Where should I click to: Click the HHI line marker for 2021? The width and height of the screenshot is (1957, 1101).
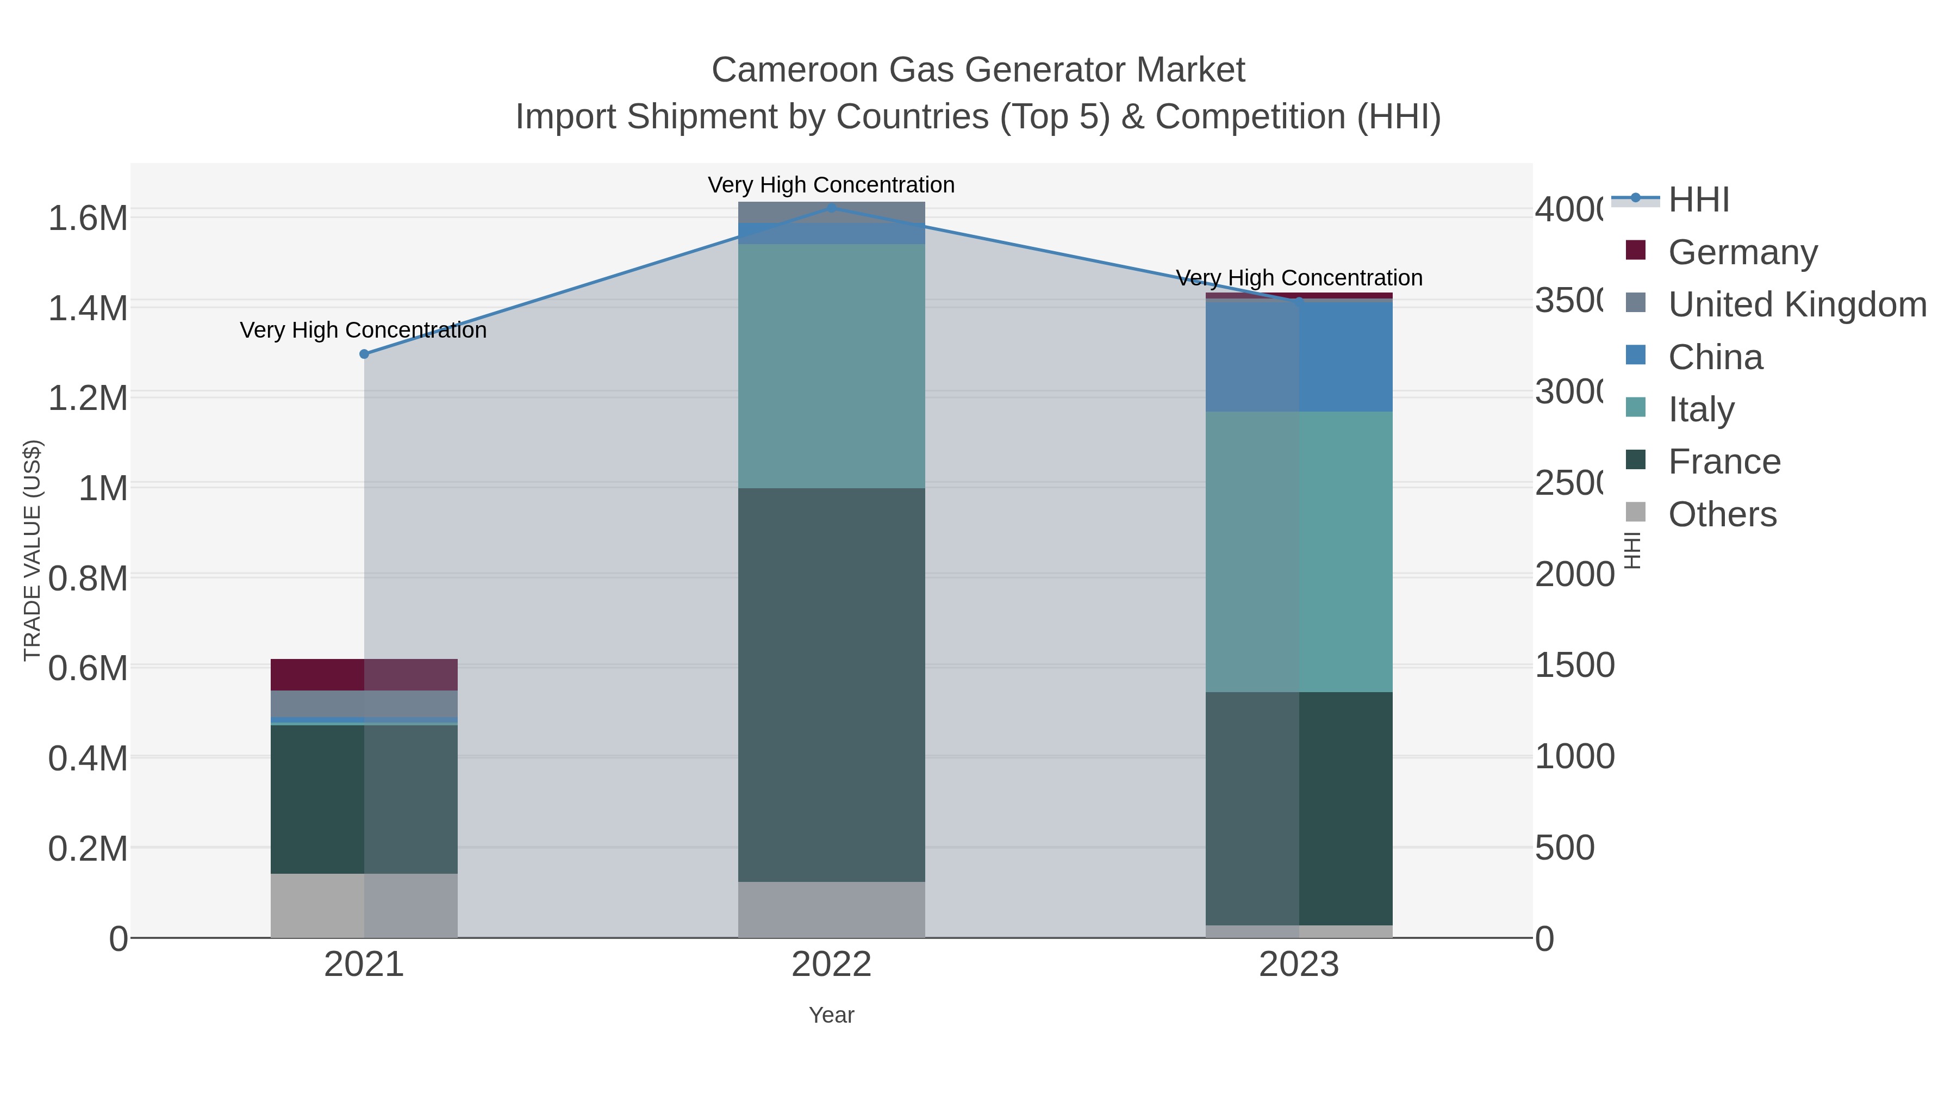(x=364, y=354)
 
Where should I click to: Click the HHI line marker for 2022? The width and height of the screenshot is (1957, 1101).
(x=831, y=208)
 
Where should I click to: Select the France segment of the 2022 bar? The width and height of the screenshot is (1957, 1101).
(x=831, y=684)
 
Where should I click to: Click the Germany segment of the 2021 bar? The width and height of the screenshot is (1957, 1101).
(x=364, y=675)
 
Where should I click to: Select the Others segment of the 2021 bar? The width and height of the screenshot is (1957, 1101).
(x=364, y=906)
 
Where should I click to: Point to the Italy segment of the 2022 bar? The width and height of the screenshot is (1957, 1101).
(x=831, y=366)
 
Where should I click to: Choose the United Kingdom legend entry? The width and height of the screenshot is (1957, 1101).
(x=1796, y=304)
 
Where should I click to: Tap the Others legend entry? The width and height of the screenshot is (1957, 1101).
(x=1722, y=514)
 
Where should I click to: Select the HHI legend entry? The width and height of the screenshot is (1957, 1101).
(x=1699, y=200)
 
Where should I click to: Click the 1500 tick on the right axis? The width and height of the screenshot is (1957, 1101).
(x=1574, y=665)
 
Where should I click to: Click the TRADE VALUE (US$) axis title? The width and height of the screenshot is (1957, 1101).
(x=33, y=550)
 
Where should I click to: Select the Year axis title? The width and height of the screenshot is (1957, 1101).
(x=831, y=1015)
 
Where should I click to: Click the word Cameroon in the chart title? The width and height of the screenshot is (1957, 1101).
(x=795, y=71)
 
